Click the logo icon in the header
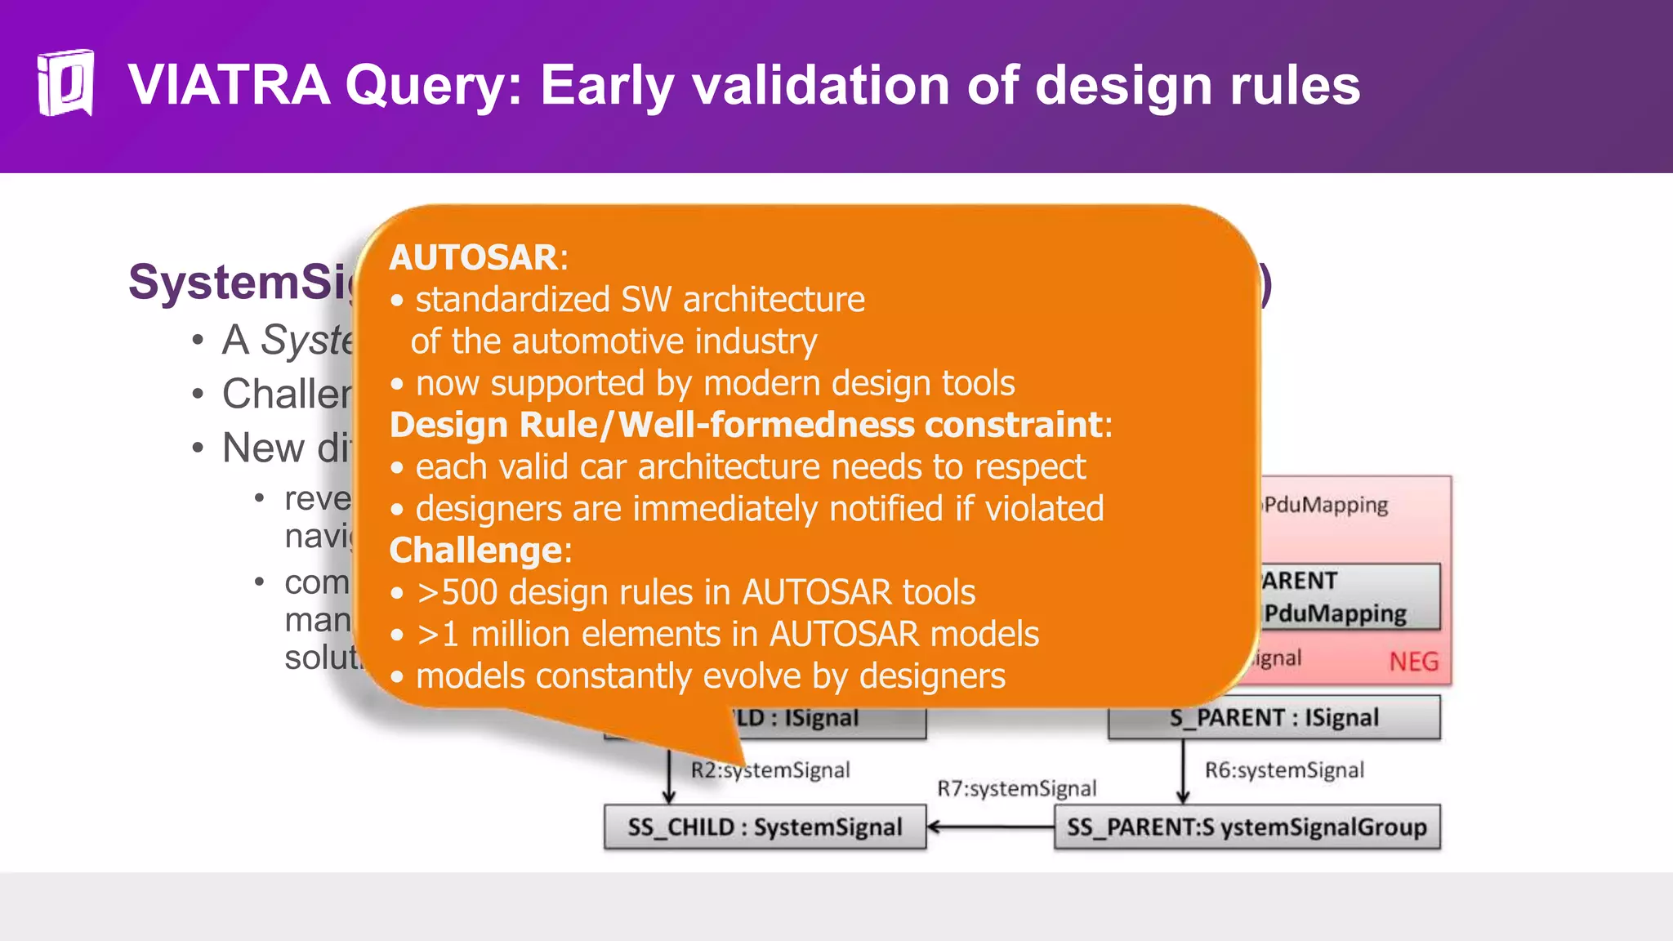pyautogui.click(x=65, y=83)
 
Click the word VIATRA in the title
pyautogui.click(x=230, y=85)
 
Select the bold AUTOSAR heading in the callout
pyautogui.click(x=474, y=257)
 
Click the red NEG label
pyautogui.click(x=1413, y=662)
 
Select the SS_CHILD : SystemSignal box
pyautogui.click(x=765, y=827)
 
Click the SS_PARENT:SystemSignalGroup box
pyautogui.click(x=1247, y=827)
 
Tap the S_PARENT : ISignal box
pyautogui.click(x=1274, y=718)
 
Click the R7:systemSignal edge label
pyautogui.click(x=1016, y=788)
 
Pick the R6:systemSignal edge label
pyautogui.click(x=1284, y=770)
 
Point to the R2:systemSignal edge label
pyautogui.click(x=770, y=770)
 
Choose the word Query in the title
pyautogui.click(x=433, y=87)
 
